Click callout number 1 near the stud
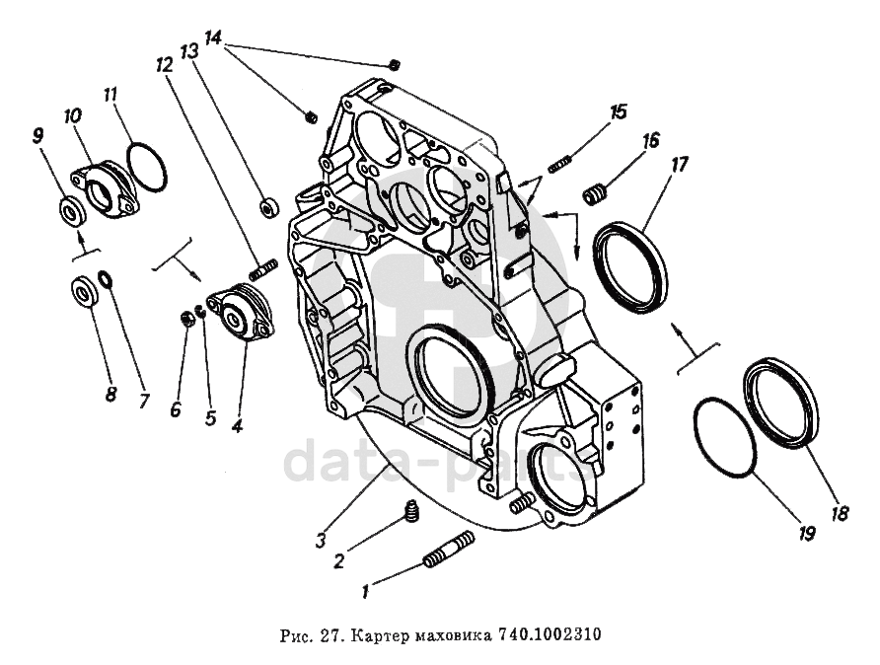(367, 592)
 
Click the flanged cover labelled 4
(241, 313)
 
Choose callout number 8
(110, 394)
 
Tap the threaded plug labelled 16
(595, 194)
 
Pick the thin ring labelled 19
(724, 437)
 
